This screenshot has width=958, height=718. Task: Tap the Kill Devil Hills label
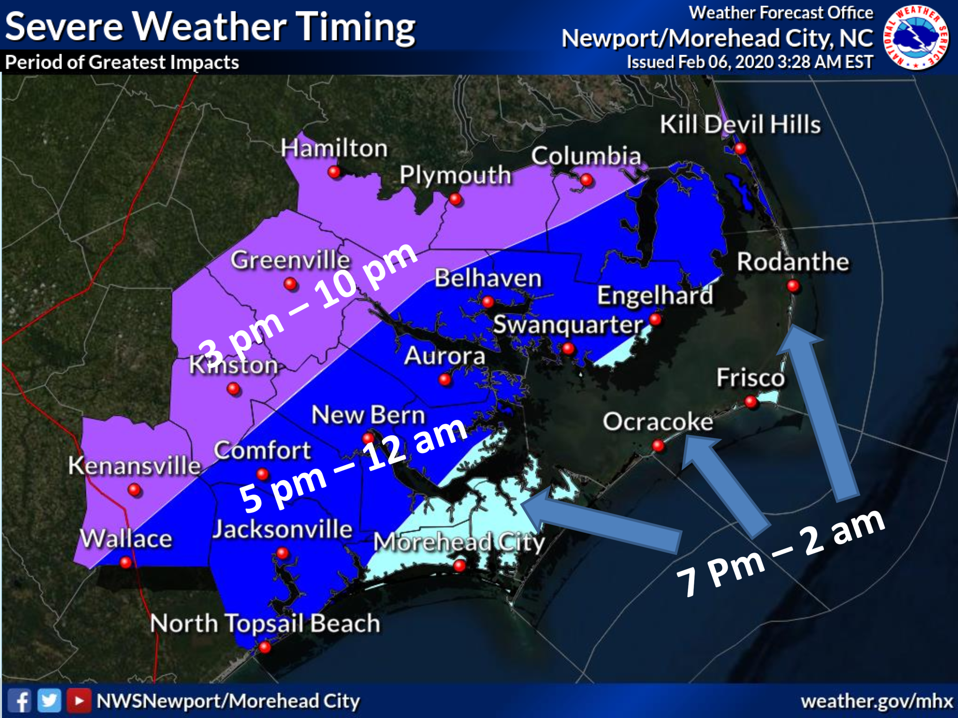click(740, 124)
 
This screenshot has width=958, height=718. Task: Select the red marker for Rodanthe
click(793, 286)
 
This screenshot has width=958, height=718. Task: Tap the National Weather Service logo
click(915, 37)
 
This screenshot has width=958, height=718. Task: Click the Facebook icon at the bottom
click(20, 700)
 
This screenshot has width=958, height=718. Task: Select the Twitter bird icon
click(49, 700)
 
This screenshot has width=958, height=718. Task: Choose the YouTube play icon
click(79, 700)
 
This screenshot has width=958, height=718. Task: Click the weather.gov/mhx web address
click(877, 701)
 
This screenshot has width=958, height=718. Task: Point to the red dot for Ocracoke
click(658, 445)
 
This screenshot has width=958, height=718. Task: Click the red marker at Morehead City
click(459, 565)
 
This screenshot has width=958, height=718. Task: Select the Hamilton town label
click(334, 148)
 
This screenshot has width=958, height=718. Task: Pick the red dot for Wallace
click(126, 562)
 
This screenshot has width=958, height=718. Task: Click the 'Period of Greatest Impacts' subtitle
click(122, 62)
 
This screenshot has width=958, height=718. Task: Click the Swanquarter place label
click(568, 325)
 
